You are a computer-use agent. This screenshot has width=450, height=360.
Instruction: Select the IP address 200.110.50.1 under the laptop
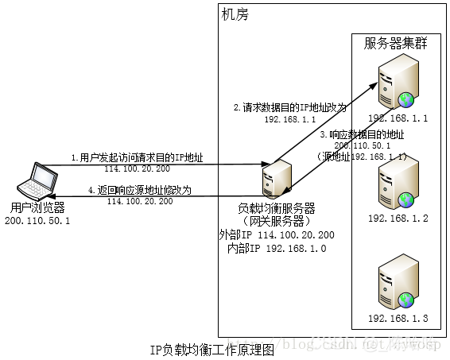click(x=37, y=220)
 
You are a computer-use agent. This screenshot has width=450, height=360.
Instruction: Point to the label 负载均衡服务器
click(x=276, y=209)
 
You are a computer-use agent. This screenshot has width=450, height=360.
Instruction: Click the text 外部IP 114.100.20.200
click(x=276, y=234)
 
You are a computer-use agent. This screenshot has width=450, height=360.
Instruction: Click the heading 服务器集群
click(x=396, y=44)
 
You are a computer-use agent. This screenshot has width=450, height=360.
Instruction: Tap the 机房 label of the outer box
click(x=233, y=15)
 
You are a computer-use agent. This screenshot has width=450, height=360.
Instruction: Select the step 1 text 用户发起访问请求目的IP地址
click(x=137, y=157)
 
